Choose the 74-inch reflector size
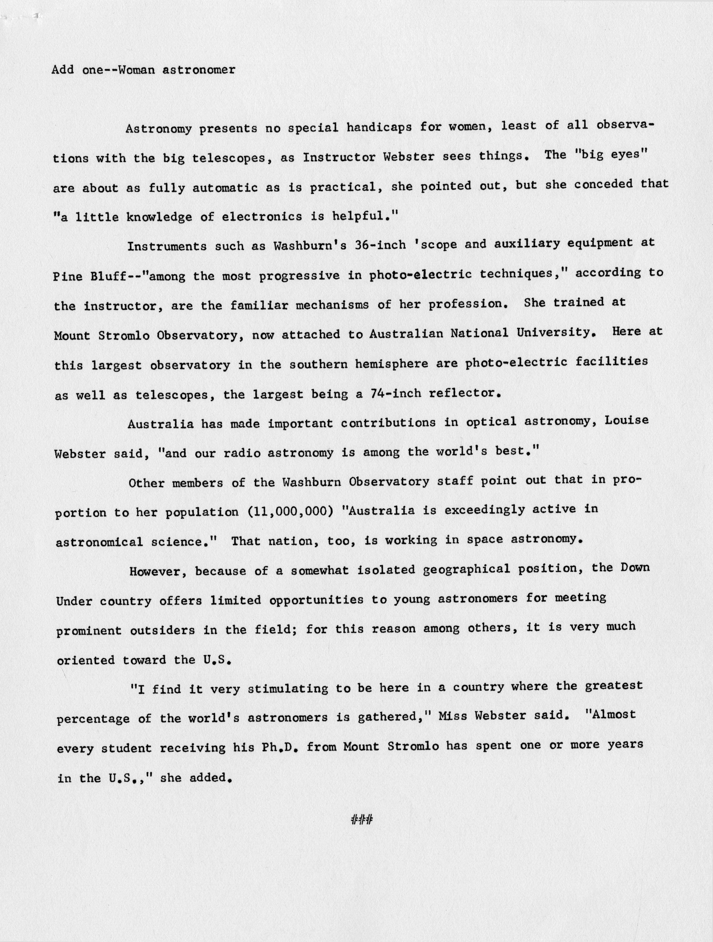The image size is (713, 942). [395, 394]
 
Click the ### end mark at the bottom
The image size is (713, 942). [362, 819]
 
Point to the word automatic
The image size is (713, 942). [225, 188]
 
